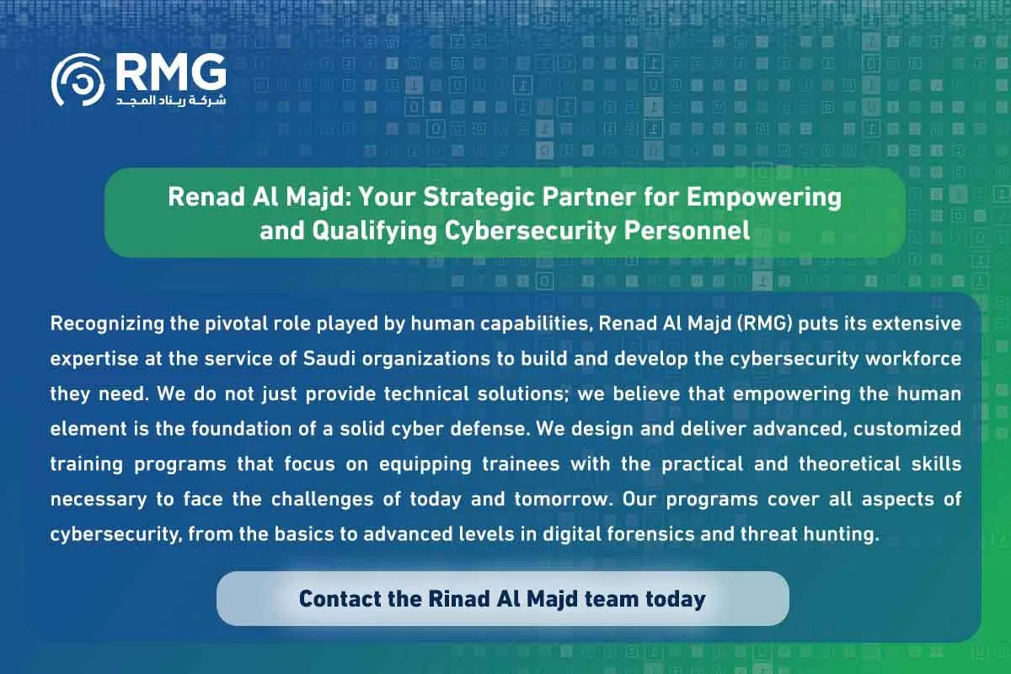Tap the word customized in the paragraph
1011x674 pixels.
(x=912, y=428)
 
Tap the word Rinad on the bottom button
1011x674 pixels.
(x=458, y=599)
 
